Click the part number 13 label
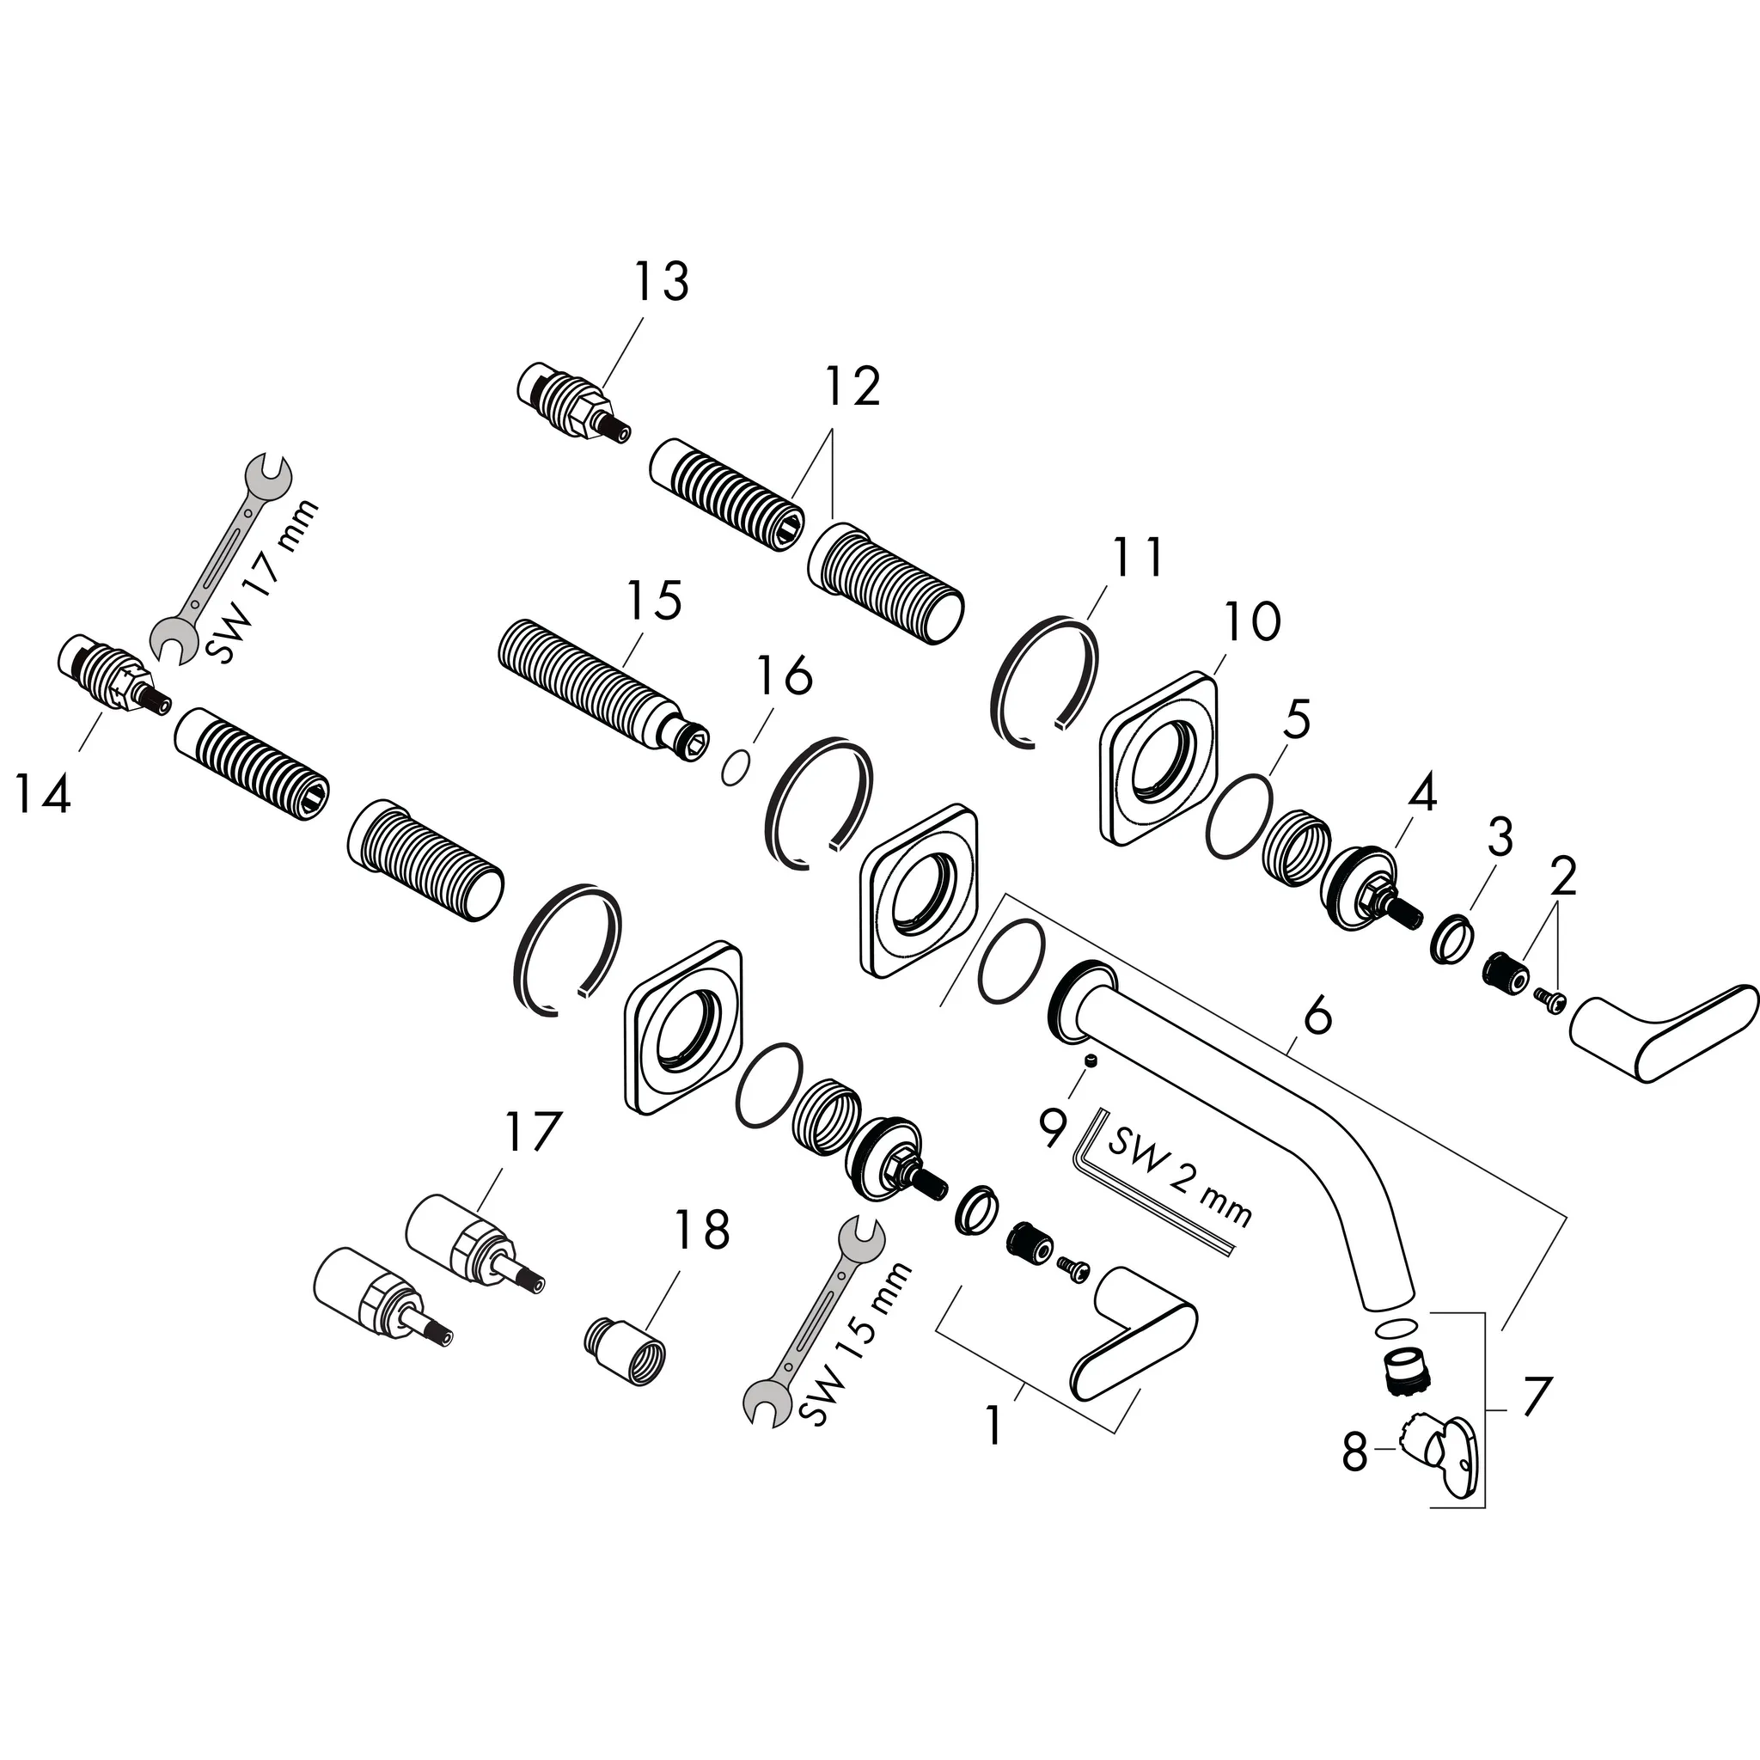tap(662, 282)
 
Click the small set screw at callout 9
tap(1091, 1060)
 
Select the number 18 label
tap(701, 1229)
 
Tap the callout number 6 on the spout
tap(1317, 1016)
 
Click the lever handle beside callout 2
tap(1664, 1030)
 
